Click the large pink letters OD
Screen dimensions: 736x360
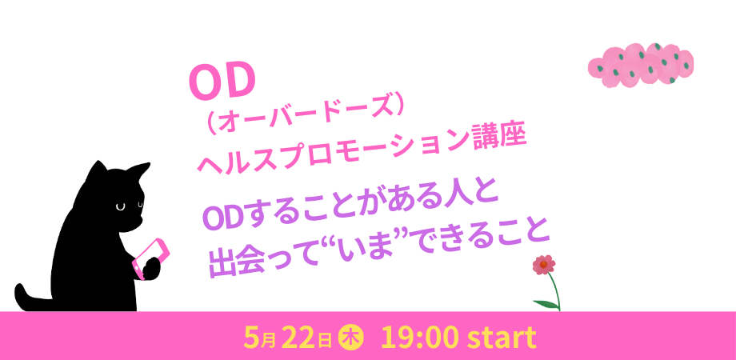click(x=222, y=82)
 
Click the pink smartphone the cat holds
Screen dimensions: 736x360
click(x=150, y=258)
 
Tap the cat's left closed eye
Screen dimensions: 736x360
click(x=120, y=206)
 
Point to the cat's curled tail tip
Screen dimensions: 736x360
click(x=21, y=291)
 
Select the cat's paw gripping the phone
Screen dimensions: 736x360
click(x=150, y=268)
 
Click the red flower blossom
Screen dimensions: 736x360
click(x=543, y=265)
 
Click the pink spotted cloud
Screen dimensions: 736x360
click(x=640, y=66)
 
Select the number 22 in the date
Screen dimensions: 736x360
click(x=298, y=338)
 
